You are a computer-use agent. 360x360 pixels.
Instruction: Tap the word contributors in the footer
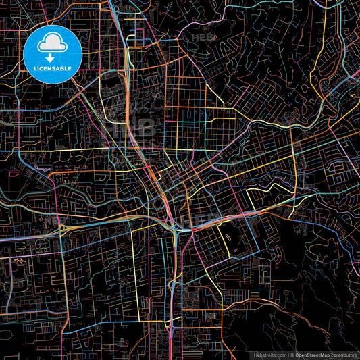[344, 355]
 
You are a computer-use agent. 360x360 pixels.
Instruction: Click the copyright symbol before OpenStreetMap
[291, 355]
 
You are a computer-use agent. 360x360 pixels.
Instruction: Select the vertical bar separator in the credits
[287, 355]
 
